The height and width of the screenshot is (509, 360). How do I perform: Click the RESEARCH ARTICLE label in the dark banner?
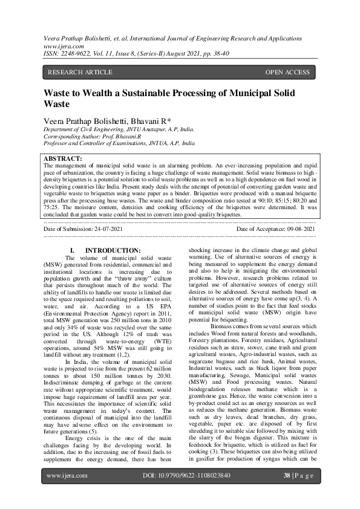(79, 73)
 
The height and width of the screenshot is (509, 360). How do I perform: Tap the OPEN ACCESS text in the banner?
(287, 73)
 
